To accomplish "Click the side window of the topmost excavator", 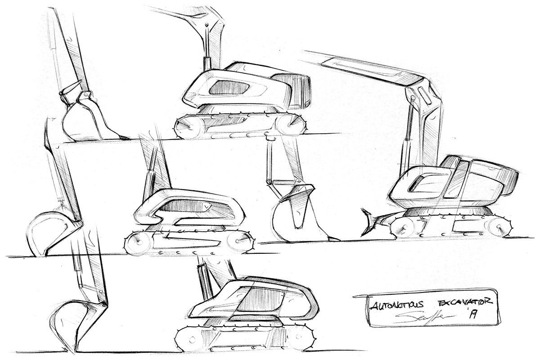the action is click(229, 88).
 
